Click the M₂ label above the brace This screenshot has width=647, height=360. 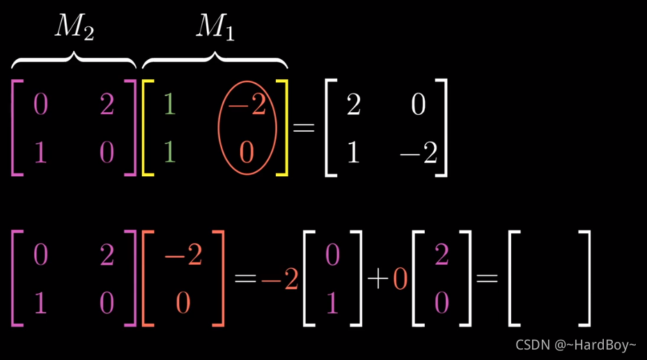click(75, 28)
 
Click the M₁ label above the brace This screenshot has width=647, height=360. click(215, 28)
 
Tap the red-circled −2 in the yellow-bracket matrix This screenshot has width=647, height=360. click(247, 105)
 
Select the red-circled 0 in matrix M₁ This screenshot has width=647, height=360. click(247, 152)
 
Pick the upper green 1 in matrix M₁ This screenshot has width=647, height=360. click(168, 105)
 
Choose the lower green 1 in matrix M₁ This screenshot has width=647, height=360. click(168, 152)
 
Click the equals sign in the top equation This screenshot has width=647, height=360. click(304, 128)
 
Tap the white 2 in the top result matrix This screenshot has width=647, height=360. click(353, 105)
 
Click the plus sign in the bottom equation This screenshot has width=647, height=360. click(377, 279)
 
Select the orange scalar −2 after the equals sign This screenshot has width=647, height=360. click(280, 279)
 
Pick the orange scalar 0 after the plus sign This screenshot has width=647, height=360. click(400, 279)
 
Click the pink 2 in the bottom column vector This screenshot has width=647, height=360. click(442, 256)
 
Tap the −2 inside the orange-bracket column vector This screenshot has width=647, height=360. click(183, 256)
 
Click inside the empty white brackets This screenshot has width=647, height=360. click(549, 279)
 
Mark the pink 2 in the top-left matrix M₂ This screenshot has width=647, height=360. click(107, 105)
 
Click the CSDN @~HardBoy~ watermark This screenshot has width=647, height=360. click(575, 345)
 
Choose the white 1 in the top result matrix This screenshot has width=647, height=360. click(353, 152)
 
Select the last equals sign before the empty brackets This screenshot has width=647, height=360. click(487, 279)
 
